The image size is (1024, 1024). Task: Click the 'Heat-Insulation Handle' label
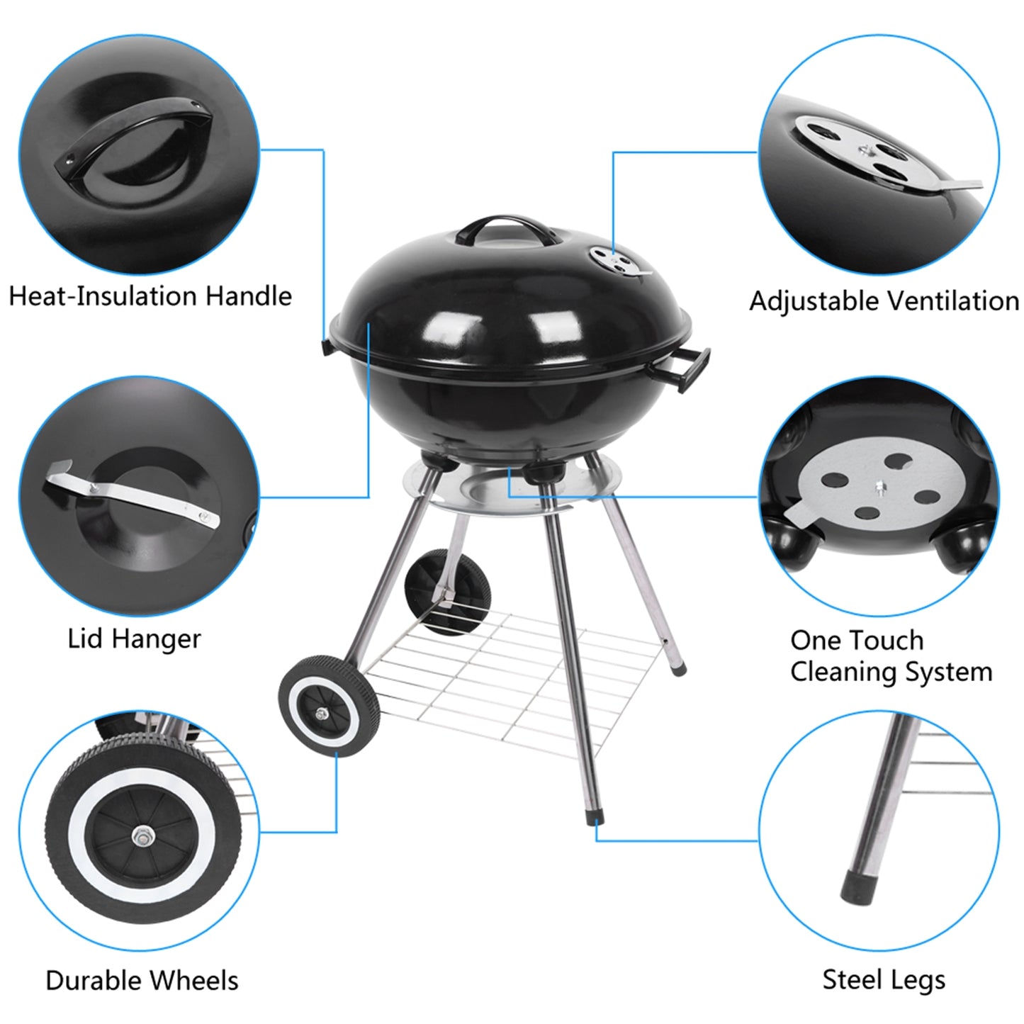coord(150,296)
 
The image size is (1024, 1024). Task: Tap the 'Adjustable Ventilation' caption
coord(884,301)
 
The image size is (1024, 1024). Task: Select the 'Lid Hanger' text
coord(134,638)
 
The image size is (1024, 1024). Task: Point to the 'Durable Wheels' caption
coord(142,981)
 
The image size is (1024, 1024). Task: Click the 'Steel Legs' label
coord(883,980)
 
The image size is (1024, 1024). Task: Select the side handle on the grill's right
coord(693,368)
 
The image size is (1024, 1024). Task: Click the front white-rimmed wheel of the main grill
coord(329,706)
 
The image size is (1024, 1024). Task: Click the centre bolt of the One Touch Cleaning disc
coord(879,488)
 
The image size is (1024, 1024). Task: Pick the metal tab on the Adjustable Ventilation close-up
coord(957,186)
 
